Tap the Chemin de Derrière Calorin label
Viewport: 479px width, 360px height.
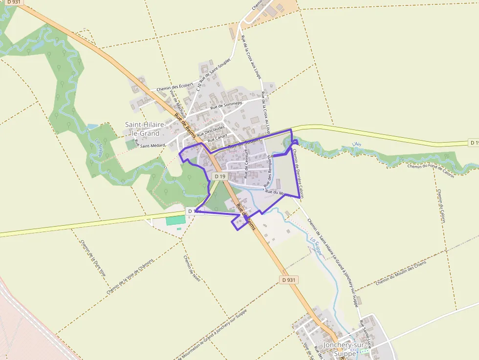(299, 173)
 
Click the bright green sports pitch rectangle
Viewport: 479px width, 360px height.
(175, 220)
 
